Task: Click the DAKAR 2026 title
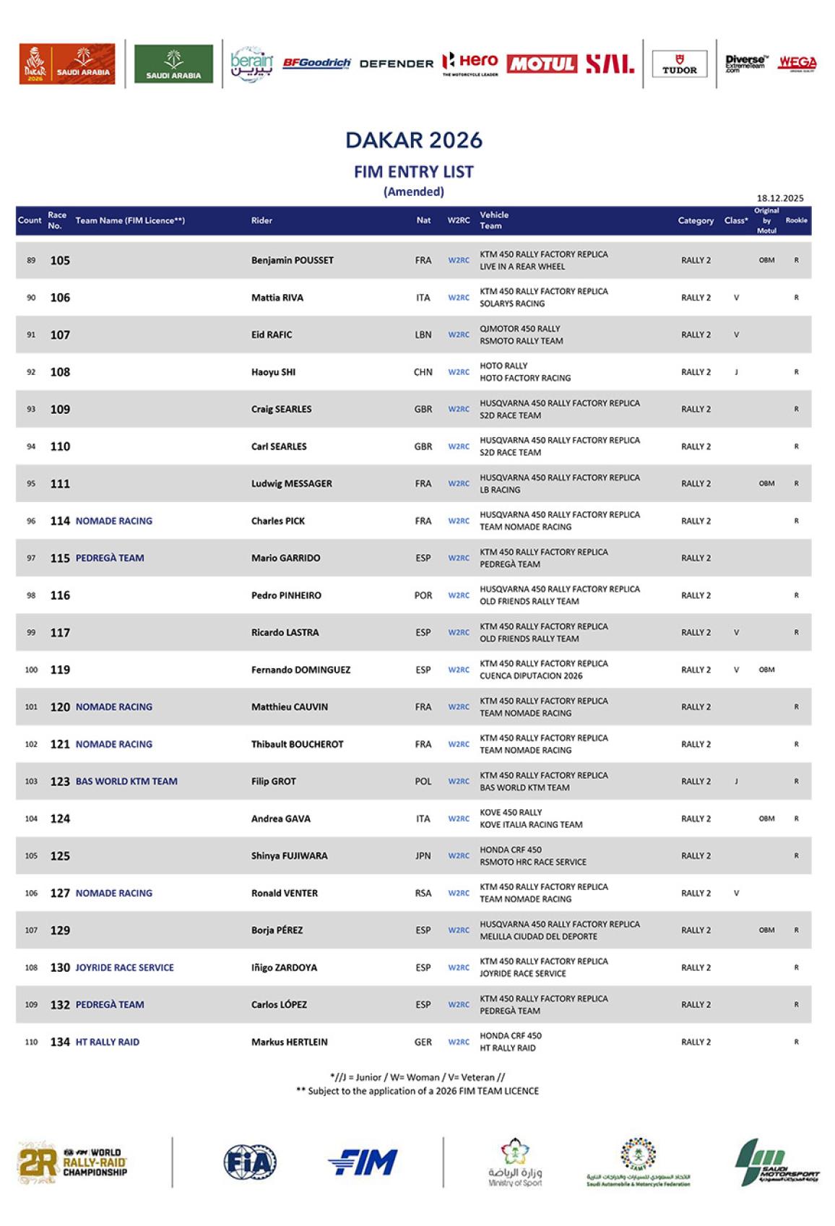coord(413,139)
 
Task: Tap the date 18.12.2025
coord(779,198)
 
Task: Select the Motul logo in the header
coord(542,64)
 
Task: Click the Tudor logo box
coord(679,64)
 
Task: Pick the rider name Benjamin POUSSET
coord(292,260)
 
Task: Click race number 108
coord(60,372)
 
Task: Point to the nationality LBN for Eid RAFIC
coord(423,334)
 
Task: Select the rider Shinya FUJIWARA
coord(289,855)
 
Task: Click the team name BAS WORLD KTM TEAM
coord(126,781)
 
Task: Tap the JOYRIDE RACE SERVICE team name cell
coord(124,967)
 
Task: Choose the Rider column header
coord(261,220)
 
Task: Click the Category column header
coord(696,220)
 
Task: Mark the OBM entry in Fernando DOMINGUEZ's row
coord(766,670)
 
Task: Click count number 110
coord(31,1042)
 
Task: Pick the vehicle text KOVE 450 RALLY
coord(511,813)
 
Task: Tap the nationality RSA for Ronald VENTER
coord(423,893)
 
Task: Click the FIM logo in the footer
coord(363,1162)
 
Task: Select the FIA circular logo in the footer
coord(249,1162)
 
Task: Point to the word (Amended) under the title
coord(413,191)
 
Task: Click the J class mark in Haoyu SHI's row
coord(736,372)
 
